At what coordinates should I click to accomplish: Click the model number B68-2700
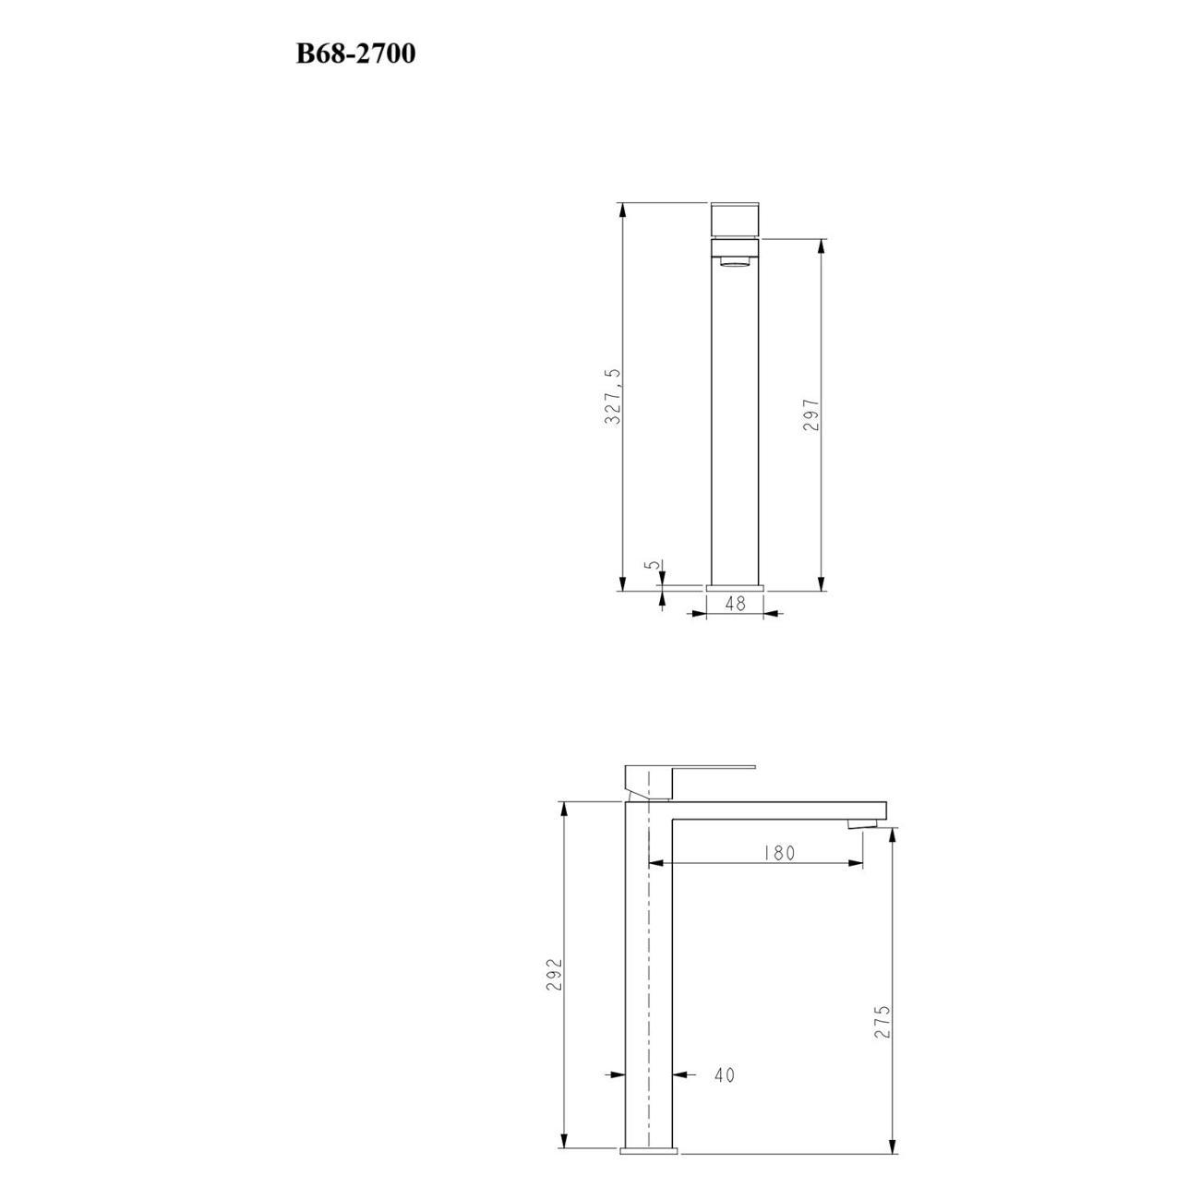pos(355,54)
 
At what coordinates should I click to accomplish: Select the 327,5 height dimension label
pos(613,396)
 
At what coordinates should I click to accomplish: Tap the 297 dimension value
pos(810,414)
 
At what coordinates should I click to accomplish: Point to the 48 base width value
pos(736,603)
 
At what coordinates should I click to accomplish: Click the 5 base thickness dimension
pos(652,564)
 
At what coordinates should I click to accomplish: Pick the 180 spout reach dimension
pos(779,852)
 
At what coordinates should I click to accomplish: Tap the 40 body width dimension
pos(725,1074)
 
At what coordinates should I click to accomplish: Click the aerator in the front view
pos(736,262)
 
